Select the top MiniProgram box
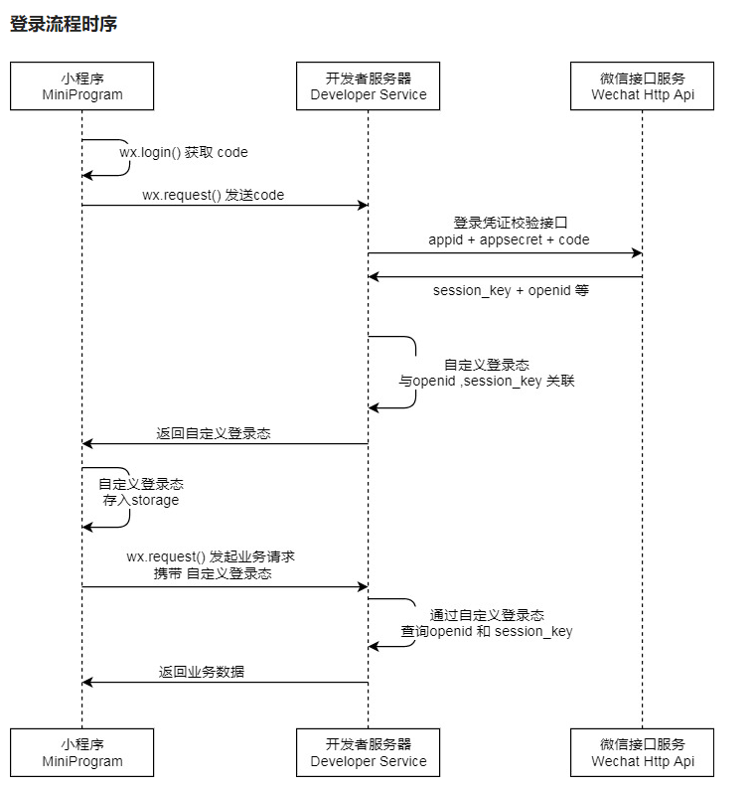[x=82, y=85]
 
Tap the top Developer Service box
[x=368, y=85]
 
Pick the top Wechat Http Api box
[x=642, y=85]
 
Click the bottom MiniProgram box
[x=82, y=752]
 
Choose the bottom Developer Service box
[x=368, y=752]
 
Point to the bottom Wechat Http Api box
[x=642, y=752]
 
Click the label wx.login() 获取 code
[x=184, y=153]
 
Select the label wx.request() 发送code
[x=213, y=195]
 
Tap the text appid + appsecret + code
[x=509, y=239]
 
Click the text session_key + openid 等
[x=511, y=291]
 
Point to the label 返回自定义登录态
[x=214, y=433]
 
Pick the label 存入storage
[x=141, y=500]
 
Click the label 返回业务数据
[x=202, y=672]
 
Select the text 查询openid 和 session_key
[x=487, y=631]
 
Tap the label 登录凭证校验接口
[x=510, y=223]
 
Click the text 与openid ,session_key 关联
[x=487, y=381]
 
